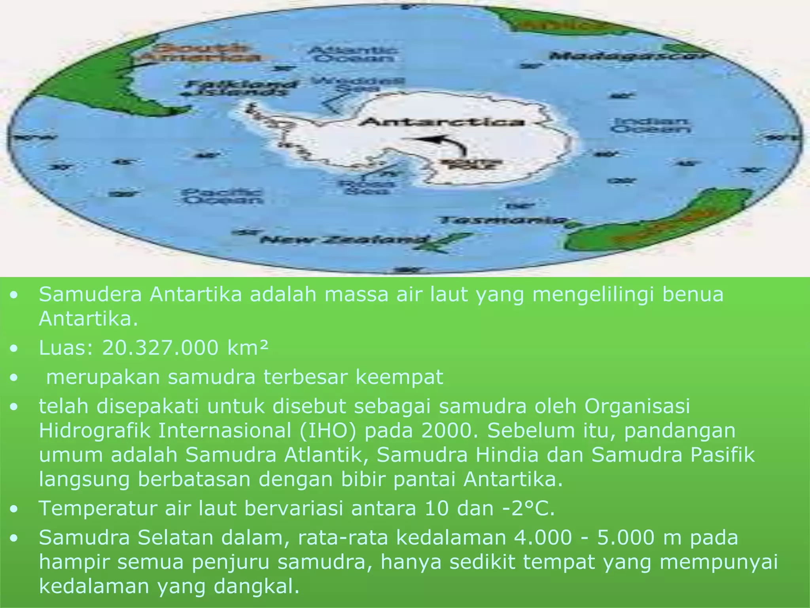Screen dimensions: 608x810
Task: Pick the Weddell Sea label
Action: [x=358, y=84]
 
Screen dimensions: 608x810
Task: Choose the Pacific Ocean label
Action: [x=222, y=196]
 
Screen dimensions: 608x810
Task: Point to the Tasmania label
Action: [x=502, y=220]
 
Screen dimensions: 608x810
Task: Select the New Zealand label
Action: [x=344, y=239]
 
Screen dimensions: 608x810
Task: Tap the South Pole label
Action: [x=471, y=164]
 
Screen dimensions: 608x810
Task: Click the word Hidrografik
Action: [x=94, y=431]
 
